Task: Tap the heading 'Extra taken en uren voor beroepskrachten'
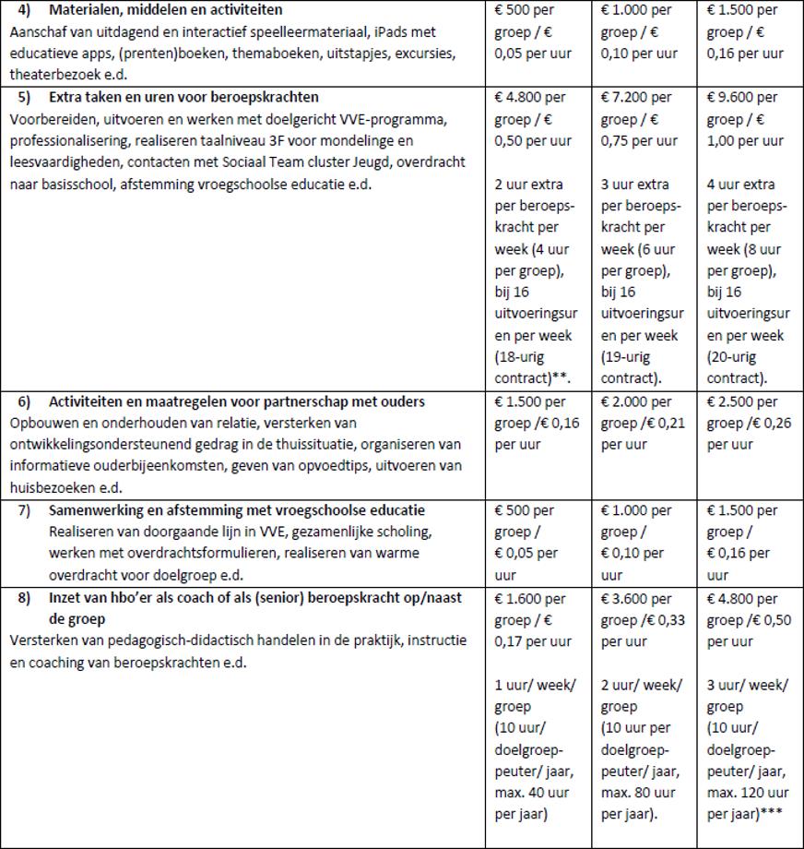183,98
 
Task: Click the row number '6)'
25,402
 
